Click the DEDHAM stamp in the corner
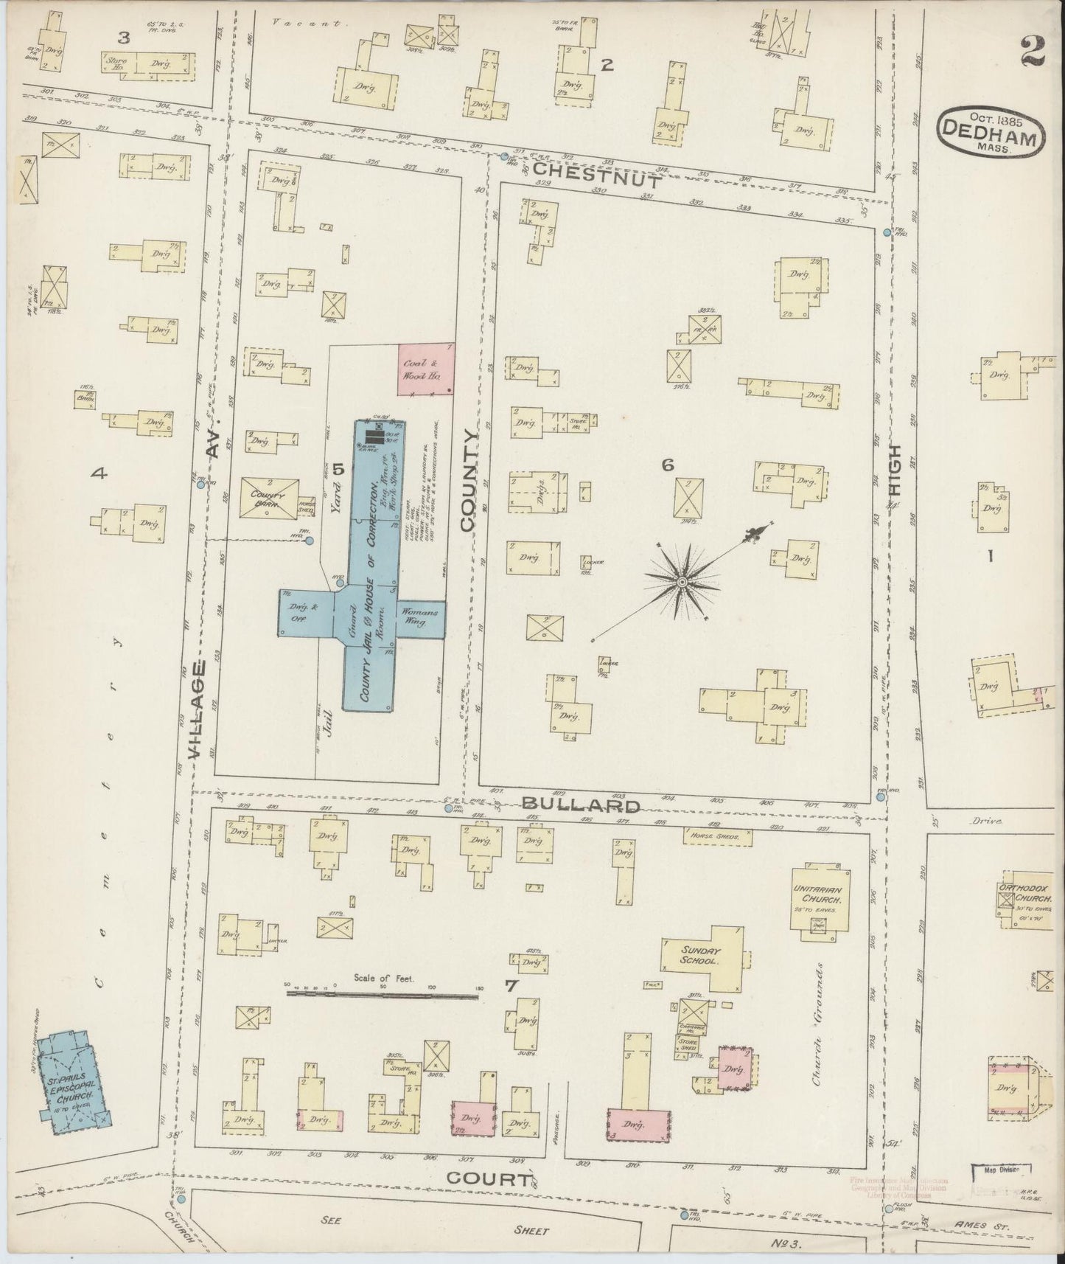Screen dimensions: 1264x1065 [991, 131]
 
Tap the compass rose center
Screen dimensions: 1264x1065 [682, 583]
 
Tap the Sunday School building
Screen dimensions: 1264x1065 [700, 956]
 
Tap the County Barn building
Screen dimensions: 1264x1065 [270, 499]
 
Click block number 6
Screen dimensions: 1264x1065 [667, 465]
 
